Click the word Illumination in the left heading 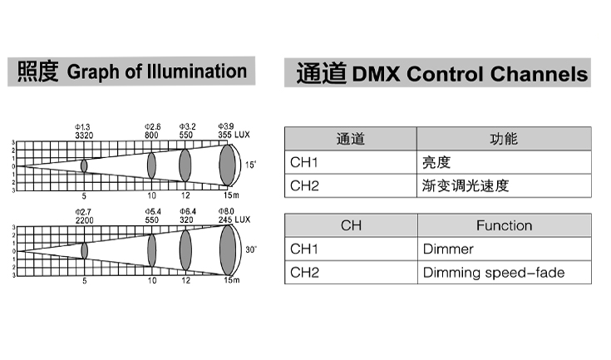pos(196,72)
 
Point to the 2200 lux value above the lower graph pos(84,220)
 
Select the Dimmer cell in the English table pos(448,249)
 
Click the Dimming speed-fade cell pos(494,272)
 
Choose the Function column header pos(504,225)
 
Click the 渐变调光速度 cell pos(464,185)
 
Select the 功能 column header pos(504,139)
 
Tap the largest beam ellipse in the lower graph pos(226,250)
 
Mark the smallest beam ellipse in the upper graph pos(84,165)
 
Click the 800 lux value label pos(151,135)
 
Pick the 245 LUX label pos(234,220)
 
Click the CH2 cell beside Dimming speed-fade pos(304,272)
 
